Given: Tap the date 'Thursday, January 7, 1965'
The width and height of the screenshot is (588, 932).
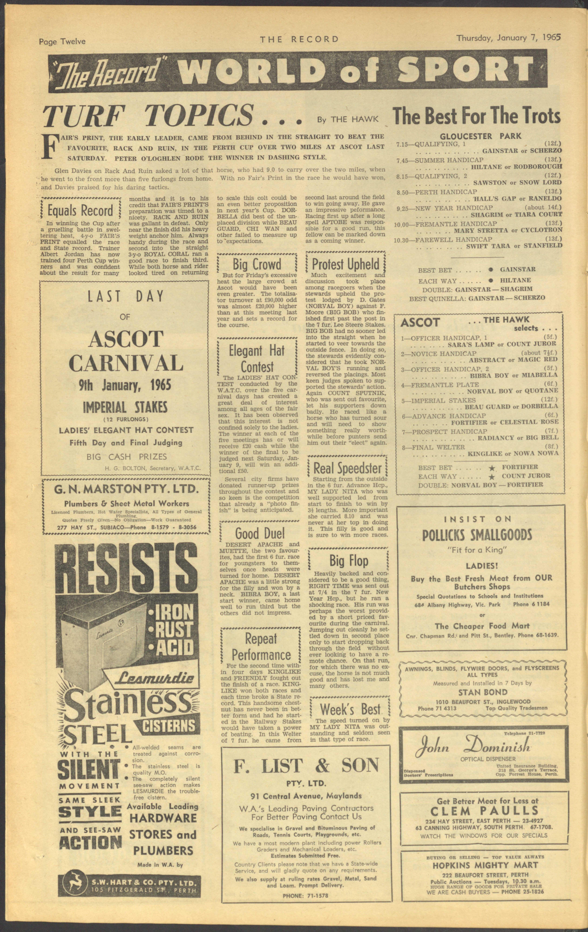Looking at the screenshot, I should [x=509, y=38].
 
